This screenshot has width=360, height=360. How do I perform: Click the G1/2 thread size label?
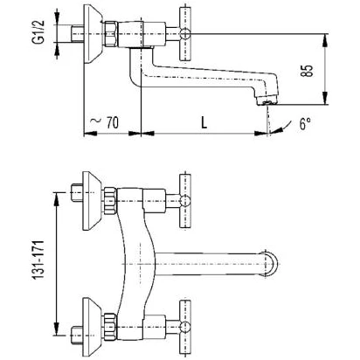[x=38, y=32]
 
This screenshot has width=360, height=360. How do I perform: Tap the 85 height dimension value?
[x=307, y=70]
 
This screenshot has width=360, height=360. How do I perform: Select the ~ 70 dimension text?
[x=105, y=122]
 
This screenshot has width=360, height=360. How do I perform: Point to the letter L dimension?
[x=204, y=122]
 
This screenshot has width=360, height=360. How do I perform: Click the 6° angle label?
[x=305, y=124]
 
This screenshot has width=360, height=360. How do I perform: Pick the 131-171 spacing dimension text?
[x=38, y=260]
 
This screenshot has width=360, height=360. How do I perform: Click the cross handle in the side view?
[x=185, y=33]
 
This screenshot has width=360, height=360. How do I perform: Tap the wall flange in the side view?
[x=93, y=34]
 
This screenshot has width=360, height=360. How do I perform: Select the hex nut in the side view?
[x=111, y=34]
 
